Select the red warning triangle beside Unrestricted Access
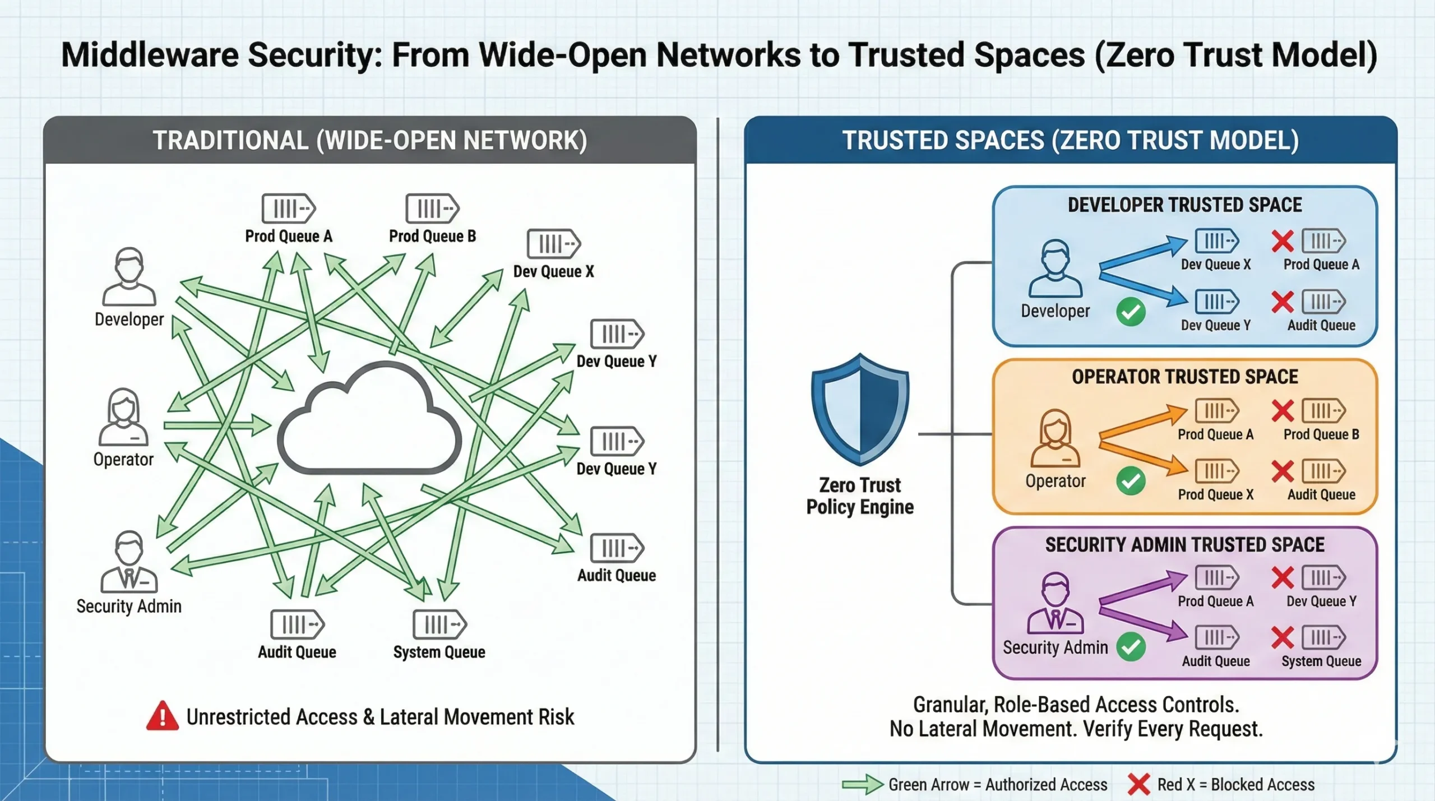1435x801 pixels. [162, 716]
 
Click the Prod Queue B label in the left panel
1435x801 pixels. [432, 236]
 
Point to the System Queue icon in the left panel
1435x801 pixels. [439, 624]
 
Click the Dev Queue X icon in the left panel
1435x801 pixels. [553, 244]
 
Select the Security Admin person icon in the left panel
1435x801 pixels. [129, 562]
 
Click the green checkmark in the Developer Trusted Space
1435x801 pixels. [1131, 312]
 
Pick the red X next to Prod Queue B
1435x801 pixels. [1283, 411]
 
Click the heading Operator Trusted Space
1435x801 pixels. [1184, 377]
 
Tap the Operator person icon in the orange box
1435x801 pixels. [1055, 438]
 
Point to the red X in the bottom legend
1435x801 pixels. [1138, 784]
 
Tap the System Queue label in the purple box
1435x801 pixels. [1321, 661]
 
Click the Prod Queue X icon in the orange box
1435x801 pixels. [1216, 471]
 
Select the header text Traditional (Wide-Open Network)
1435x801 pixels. [370, 140]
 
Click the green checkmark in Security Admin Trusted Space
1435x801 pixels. [1131, 647]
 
